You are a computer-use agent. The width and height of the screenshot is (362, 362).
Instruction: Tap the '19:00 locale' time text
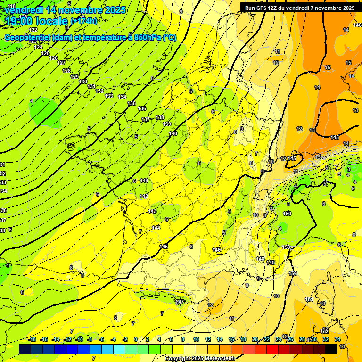coord(36,21)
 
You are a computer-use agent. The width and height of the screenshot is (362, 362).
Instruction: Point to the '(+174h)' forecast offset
coord(83,21)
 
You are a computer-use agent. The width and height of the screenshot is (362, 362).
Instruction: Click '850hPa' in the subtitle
coord(146,38)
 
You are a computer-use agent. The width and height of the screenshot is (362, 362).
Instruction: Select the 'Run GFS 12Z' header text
coord(265,8)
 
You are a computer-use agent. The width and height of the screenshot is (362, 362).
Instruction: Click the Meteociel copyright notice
coord(200,359)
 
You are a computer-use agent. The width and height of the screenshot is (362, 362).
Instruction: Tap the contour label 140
coord(173,133)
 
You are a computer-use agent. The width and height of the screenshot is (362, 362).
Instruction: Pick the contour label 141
coord(144,181)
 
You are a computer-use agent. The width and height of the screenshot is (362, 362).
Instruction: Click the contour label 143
coord(152,211)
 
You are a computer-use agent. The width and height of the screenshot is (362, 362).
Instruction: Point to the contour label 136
coord(142,108)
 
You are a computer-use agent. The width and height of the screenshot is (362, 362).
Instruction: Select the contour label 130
coord(83,82)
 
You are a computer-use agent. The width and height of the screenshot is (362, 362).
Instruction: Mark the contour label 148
coord(260,259)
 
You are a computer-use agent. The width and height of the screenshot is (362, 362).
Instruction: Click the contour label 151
coord(309,299)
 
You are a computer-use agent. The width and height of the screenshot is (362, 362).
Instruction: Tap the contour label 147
coord(180,302)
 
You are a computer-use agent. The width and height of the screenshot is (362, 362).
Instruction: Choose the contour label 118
coord(12,6)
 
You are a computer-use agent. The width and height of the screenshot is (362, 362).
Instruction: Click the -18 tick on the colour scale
coord(33,339)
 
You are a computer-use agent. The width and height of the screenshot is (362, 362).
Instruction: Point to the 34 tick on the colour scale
coord(337,339)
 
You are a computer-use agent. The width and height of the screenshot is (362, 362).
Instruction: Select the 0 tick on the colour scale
coord(136,339)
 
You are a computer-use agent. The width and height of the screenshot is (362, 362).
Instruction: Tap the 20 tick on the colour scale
coord(255,339)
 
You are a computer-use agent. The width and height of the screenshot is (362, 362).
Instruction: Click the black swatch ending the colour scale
coord(331,349)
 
